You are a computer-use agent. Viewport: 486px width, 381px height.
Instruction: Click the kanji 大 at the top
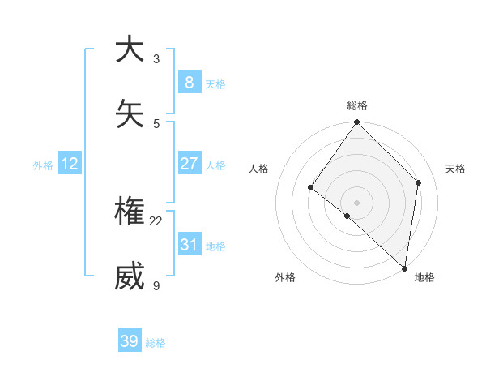point(130,49)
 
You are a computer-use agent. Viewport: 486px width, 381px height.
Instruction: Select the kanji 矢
point(130,114)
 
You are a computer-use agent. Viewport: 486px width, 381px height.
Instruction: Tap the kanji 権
point(130,212)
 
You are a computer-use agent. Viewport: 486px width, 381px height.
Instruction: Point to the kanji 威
point(130,276)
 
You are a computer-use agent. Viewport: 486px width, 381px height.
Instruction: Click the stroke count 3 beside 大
point(156,58)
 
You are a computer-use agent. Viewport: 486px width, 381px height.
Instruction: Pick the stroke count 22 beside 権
point(156,220)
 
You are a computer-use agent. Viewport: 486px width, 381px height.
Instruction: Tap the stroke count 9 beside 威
point(156,285)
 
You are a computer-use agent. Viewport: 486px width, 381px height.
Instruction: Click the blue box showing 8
point(189,82)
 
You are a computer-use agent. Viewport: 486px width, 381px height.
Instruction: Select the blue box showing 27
point(189,163)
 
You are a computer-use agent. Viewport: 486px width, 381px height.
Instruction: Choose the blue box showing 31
point(189,244)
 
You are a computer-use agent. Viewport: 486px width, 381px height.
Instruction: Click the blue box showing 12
point(69,164)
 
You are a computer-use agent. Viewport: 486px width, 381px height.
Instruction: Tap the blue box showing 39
point(129,341)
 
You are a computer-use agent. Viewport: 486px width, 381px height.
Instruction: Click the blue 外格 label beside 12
point(43,165)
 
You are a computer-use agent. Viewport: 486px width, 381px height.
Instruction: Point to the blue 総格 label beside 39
point(156,343)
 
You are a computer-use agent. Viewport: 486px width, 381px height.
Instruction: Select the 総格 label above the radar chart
point(357,105)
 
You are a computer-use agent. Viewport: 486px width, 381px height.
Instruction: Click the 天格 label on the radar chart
point(455,169)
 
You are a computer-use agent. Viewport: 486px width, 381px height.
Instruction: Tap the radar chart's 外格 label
point(285,277)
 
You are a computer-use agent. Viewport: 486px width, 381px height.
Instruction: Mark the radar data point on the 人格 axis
point(310,187)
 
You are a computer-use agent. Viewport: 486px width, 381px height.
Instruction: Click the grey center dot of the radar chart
point(356,202)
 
